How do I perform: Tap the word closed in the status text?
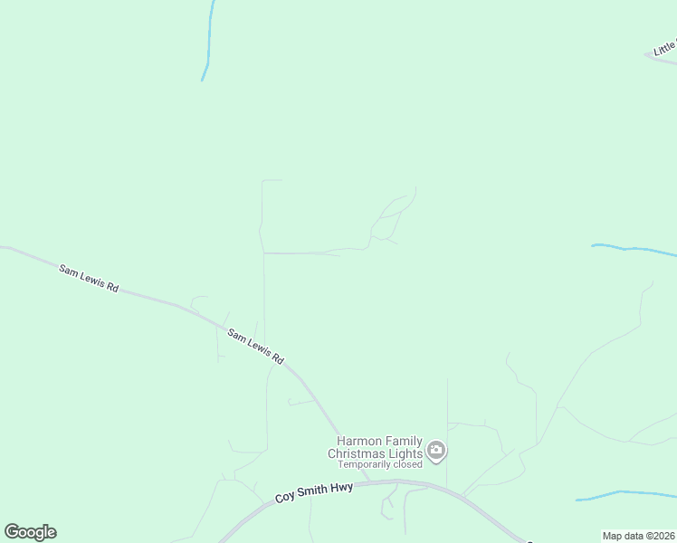(x=407, y=464)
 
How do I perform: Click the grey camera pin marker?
(x=436, y=450)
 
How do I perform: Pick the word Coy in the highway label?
(x=285, y=497)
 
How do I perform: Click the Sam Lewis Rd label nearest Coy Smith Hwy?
(x=255, y=347)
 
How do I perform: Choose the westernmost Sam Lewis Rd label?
(x=89, y=278)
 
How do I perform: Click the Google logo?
(x=30, y=532)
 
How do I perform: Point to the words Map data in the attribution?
(x=624, y=536)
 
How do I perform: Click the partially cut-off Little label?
(x=665, y=46)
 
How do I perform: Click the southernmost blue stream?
(x=625, y=494)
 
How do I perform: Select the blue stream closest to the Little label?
(x=634, y=249)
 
